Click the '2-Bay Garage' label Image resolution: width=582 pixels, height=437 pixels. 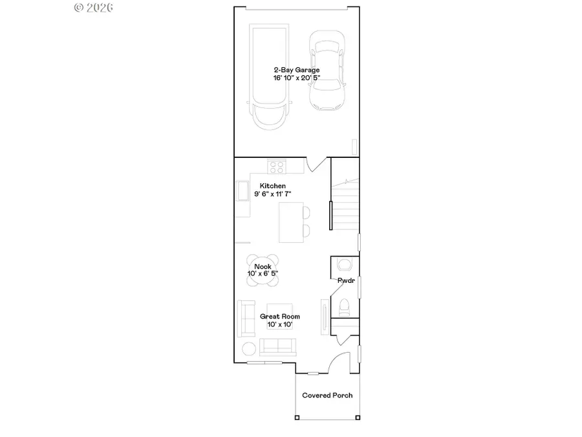296,70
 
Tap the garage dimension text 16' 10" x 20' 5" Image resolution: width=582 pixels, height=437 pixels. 296,78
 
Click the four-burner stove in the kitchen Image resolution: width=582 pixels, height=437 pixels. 277,166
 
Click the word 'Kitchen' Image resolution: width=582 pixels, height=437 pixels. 273,186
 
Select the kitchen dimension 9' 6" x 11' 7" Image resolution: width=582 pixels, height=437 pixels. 273,194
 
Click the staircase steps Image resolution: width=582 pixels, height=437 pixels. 346,207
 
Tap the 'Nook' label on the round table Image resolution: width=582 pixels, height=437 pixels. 263,267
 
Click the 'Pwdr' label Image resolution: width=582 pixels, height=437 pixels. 345,280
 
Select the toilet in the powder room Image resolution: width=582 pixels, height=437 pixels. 345,306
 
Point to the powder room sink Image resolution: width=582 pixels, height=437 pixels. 345,263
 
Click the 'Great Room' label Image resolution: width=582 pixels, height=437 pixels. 279,317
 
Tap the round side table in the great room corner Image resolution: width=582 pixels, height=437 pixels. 249,348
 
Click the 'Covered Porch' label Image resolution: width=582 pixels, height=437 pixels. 327,396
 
